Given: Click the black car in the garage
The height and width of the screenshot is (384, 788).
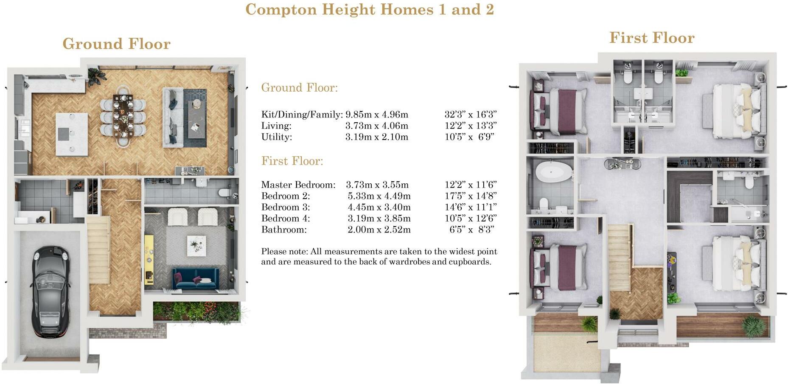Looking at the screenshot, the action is point(50,292).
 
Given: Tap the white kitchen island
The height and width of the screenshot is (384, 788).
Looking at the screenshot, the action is point(72,134).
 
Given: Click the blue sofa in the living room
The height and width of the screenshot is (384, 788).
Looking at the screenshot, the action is point(196,278).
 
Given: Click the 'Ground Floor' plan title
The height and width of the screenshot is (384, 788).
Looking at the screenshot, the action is point(116,44).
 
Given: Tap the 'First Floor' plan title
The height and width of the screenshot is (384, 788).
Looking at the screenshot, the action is point(652,38).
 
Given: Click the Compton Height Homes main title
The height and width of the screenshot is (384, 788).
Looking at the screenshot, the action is point(370,9).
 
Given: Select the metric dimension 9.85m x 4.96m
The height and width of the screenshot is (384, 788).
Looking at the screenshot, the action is point(377,114).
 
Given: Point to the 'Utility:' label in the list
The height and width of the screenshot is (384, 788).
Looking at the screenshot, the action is point(277,137).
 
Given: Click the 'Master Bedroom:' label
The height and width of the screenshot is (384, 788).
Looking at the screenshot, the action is point(298,185).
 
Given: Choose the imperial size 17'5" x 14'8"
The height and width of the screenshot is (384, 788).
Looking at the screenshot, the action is point(471,196).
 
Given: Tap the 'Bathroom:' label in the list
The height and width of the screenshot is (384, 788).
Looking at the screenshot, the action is point(284,230).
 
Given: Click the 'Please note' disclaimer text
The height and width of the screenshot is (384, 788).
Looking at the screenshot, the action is point(379,256).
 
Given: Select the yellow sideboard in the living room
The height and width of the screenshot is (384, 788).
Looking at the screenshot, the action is point(149,259).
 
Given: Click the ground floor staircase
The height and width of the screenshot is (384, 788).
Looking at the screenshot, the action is point(99,249).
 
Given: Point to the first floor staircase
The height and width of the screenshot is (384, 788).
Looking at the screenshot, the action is point(620,258).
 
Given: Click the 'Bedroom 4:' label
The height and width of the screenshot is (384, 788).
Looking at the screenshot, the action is point(286,219).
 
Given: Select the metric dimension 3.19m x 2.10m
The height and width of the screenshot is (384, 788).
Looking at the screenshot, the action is point(377,137).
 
